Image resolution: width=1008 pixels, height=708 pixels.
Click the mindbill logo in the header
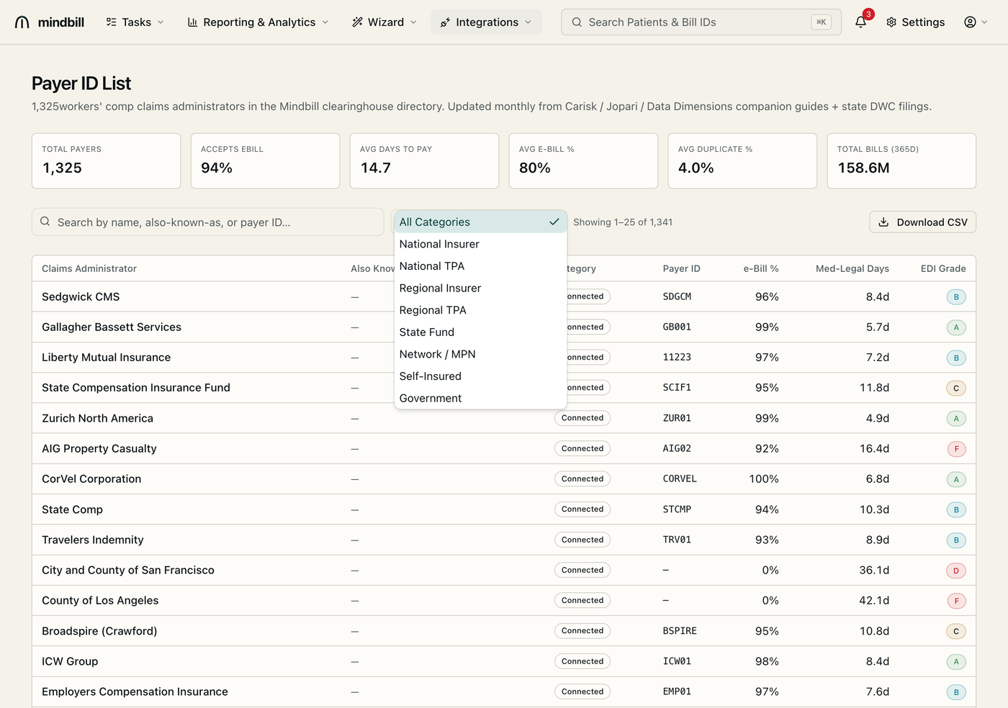[50, 22]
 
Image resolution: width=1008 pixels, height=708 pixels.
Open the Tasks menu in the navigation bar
[135, 22]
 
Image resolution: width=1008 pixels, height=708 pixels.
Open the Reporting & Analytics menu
[258, 22]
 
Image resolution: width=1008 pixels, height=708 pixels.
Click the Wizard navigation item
[384, 22]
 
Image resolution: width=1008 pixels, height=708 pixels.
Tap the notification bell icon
[860, 22]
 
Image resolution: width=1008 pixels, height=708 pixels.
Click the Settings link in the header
[915, 22]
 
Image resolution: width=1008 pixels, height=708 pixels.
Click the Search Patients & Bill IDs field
[701, 22]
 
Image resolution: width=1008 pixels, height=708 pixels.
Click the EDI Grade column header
[943, 268]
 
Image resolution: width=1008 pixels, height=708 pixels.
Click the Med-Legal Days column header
[852, 268]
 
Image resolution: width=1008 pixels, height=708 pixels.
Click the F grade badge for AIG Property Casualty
[956, 448]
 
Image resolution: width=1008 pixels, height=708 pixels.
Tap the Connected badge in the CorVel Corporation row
[582, 478]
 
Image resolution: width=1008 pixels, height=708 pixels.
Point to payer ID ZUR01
[677, 418]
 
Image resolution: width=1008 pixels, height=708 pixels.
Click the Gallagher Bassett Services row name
[112, 327]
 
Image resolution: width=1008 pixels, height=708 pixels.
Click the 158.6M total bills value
[863, 168]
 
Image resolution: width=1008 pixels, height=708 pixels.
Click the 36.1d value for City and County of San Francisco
[874, 570]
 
